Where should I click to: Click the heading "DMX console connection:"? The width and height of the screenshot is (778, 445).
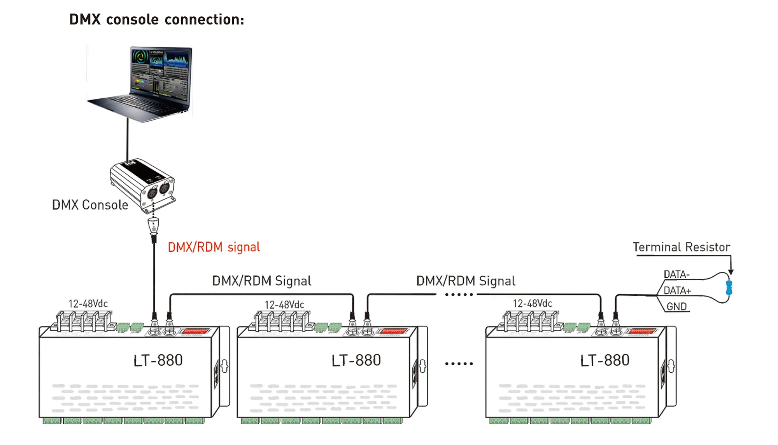pyautogui.click(x=157, y=19)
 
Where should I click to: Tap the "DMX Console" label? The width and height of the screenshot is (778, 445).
pyautogui.click(x=90, y=205)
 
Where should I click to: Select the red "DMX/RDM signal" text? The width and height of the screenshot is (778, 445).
pyautogui.click(x=214, y=247)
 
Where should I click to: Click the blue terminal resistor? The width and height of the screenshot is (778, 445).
pyautogui.click(x=729, y=288)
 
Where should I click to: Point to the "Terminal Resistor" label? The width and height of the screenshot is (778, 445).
pyautogui.click(x=681, y=247)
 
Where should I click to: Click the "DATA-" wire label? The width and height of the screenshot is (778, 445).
pyautogui.click(x=676, y=274)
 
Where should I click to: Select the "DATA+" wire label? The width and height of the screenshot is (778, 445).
pyautogui.click(x=677, y=291)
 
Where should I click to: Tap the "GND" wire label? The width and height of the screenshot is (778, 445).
pyautogui.click(x=676, y=307)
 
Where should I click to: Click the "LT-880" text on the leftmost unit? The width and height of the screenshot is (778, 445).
pyautogui.click(x=158, y=361)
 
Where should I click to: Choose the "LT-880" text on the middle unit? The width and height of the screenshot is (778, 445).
pyautogui.click(x=356, y=361)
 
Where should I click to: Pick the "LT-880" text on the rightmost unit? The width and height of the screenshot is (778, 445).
pyautogui.click(x=605, y=361)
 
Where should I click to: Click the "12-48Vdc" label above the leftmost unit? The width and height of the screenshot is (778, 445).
pyautogui.click(x=88, y=304)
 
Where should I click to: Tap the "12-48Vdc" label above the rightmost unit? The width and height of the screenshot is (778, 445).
pyautogui.click(x=532, y=304)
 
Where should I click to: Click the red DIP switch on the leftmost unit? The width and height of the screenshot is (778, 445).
pyautogui.click(x=196, y=332)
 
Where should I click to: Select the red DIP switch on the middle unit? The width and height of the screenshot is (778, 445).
pyautogui.click(x=394, y=332)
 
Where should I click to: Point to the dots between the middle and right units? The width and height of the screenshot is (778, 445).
pyautogui.click(x=459, y=364)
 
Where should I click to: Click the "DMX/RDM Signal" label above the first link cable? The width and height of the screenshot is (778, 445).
pyautogui.click(x=261, y=281)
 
